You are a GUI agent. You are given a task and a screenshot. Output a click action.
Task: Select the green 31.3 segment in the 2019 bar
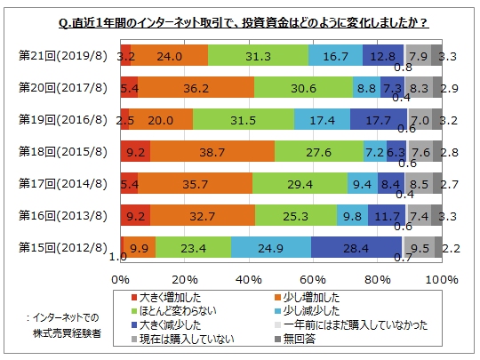[259, 55]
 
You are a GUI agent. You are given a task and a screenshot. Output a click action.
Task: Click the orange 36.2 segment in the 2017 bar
[196, 87]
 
